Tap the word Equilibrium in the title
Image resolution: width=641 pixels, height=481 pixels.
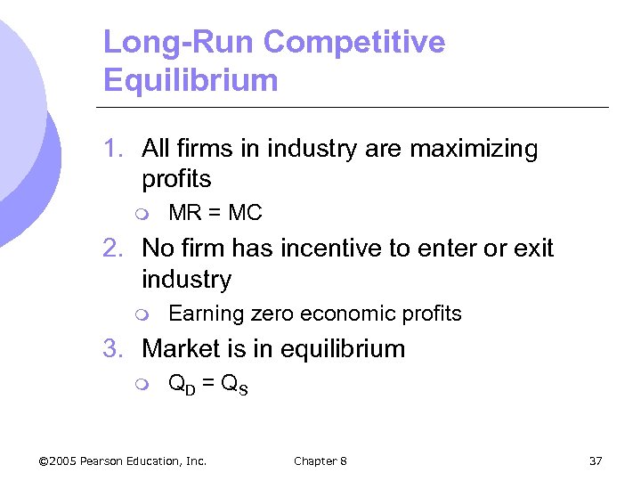(191, 80)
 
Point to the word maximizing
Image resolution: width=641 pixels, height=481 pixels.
(474, 149)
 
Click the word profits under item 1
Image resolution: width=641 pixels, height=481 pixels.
(176, 179)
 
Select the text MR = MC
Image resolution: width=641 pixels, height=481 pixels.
(215, 214)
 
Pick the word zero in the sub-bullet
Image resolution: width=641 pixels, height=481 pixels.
(274, 314)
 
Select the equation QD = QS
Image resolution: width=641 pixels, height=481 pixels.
(208, 384)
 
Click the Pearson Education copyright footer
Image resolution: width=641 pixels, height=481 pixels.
(123, 461)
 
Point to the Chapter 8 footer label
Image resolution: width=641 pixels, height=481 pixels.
(320, 461)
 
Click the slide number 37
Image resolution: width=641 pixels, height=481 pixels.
(596, 461)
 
